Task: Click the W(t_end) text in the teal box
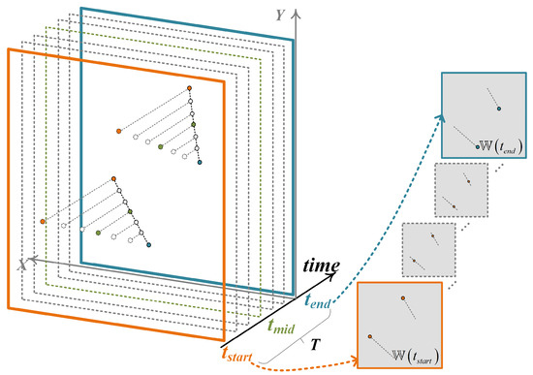[x=499, y=146]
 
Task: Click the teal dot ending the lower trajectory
[x=149, y=245]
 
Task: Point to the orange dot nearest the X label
[x=43, y=221]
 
